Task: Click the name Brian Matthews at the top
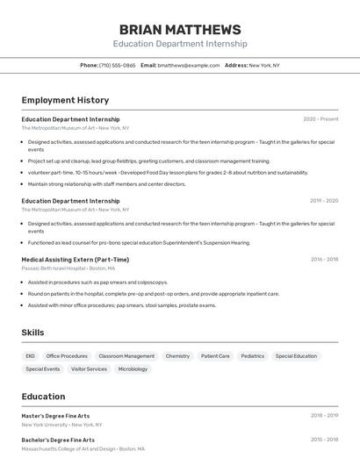(180, 30)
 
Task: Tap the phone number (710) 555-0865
(117, 65)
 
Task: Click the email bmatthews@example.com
(189, 65)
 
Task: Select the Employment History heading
(65, 100)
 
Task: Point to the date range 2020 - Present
(320, 119)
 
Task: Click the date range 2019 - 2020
(324, 201)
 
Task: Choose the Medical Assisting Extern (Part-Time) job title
(75, 260)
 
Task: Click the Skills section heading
(32, 333)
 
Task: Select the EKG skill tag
(30, 356)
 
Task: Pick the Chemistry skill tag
(177, 356)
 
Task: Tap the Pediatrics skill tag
(252, 356)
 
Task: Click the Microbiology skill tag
(133, 369)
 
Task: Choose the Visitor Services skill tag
(89, 369)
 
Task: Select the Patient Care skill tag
(215, 356)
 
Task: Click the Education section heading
(43, 397)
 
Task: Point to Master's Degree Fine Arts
(55, 416)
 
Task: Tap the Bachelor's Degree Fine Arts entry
(58, 440)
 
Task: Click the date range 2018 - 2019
(324, 416)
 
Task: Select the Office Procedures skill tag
(67, 356)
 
